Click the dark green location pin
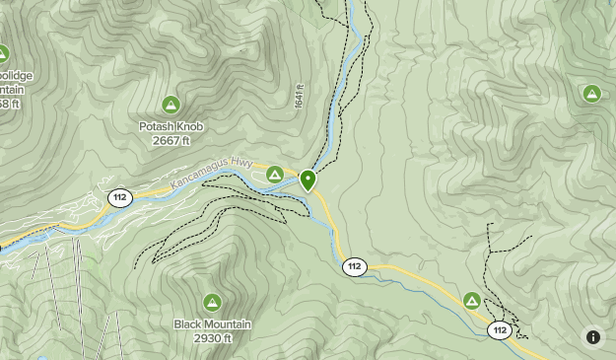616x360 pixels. coord(308,180)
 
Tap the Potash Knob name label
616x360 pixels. coord(171,127)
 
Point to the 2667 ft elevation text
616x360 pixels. coord(171,141)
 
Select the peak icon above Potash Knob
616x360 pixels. coord(171,105)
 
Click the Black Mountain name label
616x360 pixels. coord(212,324)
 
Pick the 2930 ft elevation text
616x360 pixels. coord(212,338)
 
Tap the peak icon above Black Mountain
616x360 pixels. coord(212,301)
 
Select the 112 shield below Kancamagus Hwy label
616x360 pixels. coord(119,197)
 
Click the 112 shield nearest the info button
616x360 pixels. coord(501,330)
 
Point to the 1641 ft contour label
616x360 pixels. coord(299,96)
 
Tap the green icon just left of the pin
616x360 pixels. coord(275,175)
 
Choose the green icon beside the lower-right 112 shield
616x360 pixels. coord(472,300)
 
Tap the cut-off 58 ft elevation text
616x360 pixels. coord(9,104)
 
